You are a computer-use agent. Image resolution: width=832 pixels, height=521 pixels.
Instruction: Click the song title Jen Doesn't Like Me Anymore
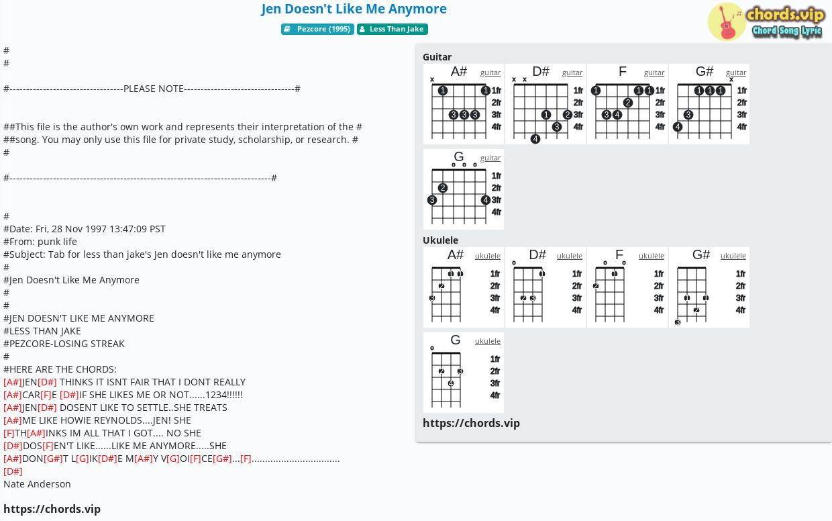pyautogui.click(x=354, y=9)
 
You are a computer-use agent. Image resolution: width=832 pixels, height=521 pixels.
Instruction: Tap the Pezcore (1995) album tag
pyautogui.click(x=317, y=29)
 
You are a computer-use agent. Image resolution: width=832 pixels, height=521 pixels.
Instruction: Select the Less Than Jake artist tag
pyautogui.click(x=393, y=29)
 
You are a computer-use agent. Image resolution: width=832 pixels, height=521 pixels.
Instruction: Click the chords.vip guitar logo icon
pyautogui.click(x=727, y=21)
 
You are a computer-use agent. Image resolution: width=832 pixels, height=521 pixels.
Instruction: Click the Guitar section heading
pyautogui.click(x=437, y=57)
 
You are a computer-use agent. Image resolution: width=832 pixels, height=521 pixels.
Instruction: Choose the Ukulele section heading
pyautogui.click(x=441, y=240)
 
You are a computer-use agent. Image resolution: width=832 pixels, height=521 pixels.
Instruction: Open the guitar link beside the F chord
pyautogui.click(x=654, y=73)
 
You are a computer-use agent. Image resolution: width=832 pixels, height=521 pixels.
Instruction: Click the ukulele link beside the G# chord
pyautogui.click(x=733, y=256)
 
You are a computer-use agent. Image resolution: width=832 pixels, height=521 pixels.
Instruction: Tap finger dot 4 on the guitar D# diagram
pyautogui.click(x=535, y=139)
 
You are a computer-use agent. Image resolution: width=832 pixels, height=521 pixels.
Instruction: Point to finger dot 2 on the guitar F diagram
pyautogui.click(x=628, y=103)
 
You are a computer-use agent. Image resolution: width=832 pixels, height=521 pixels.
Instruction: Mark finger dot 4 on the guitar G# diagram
pyautogui.click(x=678, y=127)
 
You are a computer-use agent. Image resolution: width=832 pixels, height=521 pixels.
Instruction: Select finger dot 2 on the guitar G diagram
pyautogui.click(x=443, y=188)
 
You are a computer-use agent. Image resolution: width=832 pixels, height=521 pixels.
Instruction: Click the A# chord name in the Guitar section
pyautogui.click(x=459, y=71)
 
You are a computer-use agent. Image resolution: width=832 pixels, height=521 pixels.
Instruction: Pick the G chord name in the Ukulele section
pyautogui.click(x=456, y=340)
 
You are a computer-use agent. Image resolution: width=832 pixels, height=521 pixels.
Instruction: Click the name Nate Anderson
pyautogui.click(x=37, y=484)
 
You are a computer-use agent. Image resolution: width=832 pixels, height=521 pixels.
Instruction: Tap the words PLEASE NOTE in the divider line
pyautogui.click(x=154, y=89)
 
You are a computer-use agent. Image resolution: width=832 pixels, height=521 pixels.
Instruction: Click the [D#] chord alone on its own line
pyautogui.click(x=13, y=471)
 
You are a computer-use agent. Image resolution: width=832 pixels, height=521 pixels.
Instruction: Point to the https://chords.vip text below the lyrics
pyautogui.click(x=52, y=509)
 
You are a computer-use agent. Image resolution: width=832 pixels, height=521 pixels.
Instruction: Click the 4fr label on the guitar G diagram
pyautogui.click(x=497, y=212)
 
